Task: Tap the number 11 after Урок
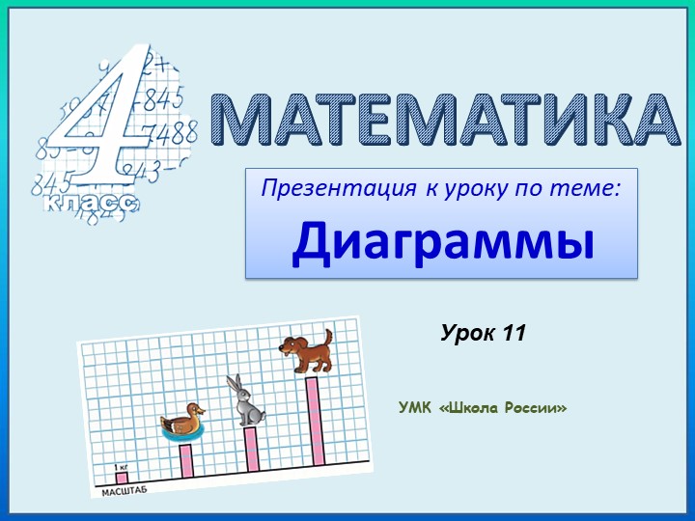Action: tap(514, 334)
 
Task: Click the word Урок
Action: tap(469, 334)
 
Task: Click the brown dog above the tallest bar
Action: tap(306, 351)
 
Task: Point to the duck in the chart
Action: tap(183, 422)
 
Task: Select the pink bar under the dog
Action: tap(313, 419)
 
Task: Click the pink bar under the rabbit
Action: tap(251, 449)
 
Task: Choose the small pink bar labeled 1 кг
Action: tap(122, 476)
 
